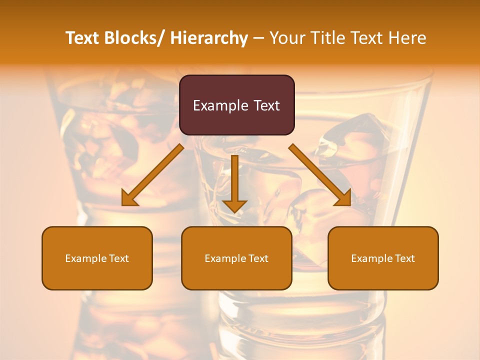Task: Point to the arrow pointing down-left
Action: pyautogui.click(x=153, y=175)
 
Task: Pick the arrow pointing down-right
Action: pyautogui.click(x=320, y=175)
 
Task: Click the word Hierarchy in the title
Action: pyautogui.click(x=209, y=38)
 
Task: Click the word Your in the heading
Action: pyautogui.click(x=286, y=38)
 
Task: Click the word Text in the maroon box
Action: pyautogui.click(x=266, y=105)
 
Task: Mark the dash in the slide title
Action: pyautogui.click(x=258, y=38)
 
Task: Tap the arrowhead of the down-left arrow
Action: pyautogui.click(x=128, y=199)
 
